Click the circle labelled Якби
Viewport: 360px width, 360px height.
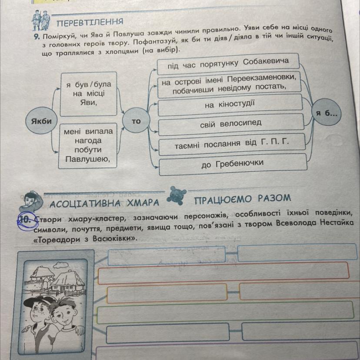coord(41,120)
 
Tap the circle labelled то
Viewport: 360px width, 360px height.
coord(136,120)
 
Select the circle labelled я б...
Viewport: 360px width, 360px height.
coord(327,112)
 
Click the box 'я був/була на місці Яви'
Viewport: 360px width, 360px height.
coord(89,94)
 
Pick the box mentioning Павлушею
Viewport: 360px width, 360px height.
coord(88,146)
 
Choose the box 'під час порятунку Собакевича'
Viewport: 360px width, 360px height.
coord(228,63)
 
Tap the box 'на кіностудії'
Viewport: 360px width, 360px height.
coord(230,105)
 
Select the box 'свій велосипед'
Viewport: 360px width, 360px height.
coord(231,124)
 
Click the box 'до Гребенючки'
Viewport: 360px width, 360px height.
coord(233,164)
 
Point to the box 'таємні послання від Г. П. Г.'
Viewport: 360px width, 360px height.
coord(232,144)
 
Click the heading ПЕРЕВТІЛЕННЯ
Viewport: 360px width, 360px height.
coord(90,22)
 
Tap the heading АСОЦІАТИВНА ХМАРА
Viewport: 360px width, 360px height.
coord(104,203)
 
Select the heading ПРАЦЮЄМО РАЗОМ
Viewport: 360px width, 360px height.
coord(243,199)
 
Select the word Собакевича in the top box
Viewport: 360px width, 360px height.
coord(266,62)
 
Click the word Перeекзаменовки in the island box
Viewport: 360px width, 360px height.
coord(261,79)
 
